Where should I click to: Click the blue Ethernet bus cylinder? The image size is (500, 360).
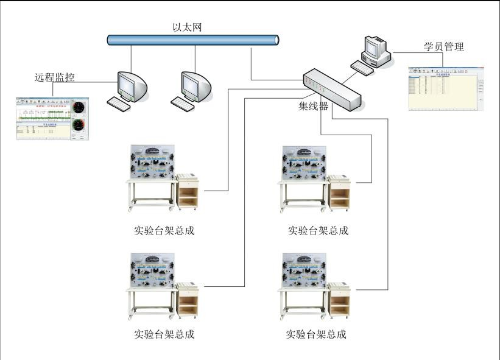coord(193,40)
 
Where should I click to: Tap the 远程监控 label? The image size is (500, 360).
coord(58,77)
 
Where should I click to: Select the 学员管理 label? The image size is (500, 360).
coord(444,47)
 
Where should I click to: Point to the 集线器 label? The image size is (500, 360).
coord(313,107)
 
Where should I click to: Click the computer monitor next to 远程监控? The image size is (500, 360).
coord(133,86)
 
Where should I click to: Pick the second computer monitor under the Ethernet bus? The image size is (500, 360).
coord(196,86)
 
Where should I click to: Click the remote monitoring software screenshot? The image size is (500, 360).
coord(52,118)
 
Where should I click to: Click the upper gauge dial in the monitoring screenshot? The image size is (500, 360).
coord(79,108)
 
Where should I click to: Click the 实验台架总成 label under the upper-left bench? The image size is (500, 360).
coord(164,231)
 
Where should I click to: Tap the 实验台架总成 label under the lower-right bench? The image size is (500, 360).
coord(316,334)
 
